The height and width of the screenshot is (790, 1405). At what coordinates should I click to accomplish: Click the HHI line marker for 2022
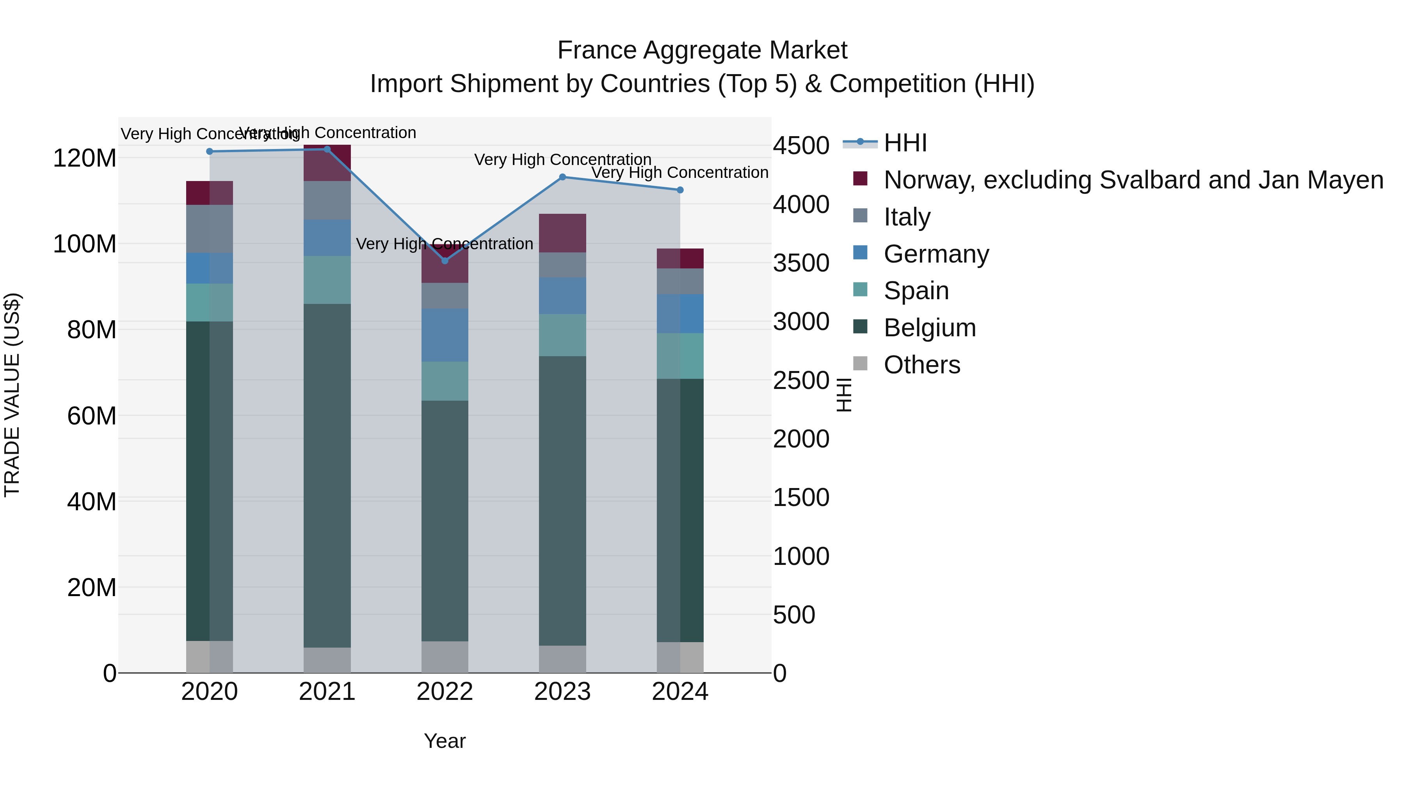click(x=445, y=261)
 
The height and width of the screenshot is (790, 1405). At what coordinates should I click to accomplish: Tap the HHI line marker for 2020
click(x=210, y=152)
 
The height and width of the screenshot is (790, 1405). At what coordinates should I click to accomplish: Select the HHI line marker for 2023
click(x=562, y=177)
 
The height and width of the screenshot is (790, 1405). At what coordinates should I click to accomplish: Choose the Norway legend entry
click(x=1133, y=180)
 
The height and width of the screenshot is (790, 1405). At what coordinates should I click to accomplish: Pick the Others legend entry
click(x=922, y=365)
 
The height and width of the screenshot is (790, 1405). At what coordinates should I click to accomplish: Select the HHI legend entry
click(x=905, y=143)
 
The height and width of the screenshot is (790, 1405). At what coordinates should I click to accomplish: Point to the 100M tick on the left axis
click(x=85, y=244)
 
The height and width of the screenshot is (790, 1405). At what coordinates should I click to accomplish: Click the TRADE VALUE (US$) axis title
click(x=12, y=395)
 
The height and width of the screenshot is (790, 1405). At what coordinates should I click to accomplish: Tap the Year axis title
click(x=445, y=741)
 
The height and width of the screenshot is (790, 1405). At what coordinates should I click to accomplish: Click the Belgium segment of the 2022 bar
click(x=445, y=521)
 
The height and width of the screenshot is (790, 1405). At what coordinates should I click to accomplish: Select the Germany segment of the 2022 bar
click(x=445, y=335)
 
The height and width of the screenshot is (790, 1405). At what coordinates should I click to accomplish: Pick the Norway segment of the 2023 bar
click(x=562, y=233)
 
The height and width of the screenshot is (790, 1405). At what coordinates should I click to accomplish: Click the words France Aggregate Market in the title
click(x=702, y=50)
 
